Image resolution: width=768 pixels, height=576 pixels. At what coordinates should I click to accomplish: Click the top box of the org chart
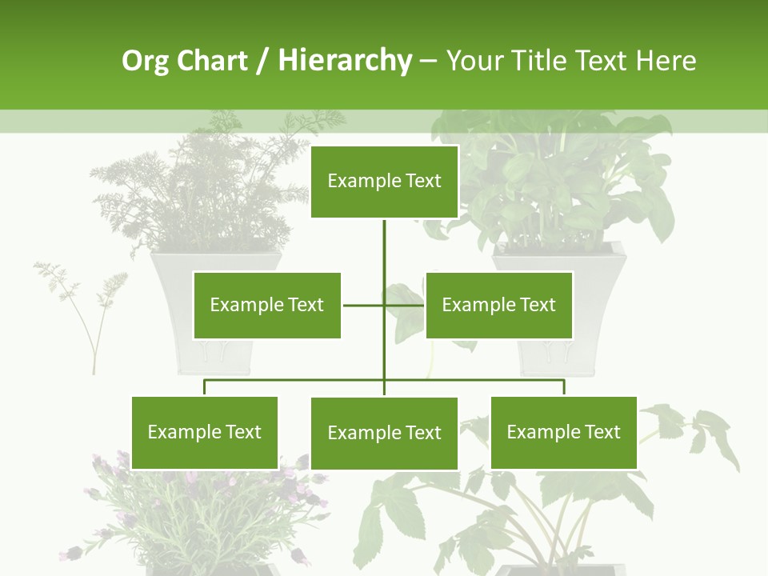point(384,182)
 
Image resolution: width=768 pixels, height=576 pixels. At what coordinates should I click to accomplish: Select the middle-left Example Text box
point(267,305)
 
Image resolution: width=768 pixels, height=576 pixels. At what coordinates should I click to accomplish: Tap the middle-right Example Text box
point(499,305)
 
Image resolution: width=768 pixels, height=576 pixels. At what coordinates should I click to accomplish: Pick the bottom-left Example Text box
point(205,432)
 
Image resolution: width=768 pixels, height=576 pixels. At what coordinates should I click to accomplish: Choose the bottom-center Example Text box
point(384,433)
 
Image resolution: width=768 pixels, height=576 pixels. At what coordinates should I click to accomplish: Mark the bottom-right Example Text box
point(564,432)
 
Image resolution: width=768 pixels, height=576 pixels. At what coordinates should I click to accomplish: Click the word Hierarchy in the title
point(345,61)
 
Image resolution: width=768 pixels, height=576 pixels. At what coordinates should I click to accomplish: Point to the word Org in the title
point(145,61)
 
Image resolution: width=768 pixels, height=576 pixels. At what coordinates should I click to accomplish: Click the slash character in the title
point(262,62)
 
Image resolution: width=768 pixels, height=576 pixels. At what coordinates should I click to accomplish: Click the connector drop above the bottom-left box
point(205,388)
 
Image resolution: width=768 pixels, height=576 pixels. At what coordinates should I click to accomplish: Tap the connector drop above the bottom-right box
point(564,388)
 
